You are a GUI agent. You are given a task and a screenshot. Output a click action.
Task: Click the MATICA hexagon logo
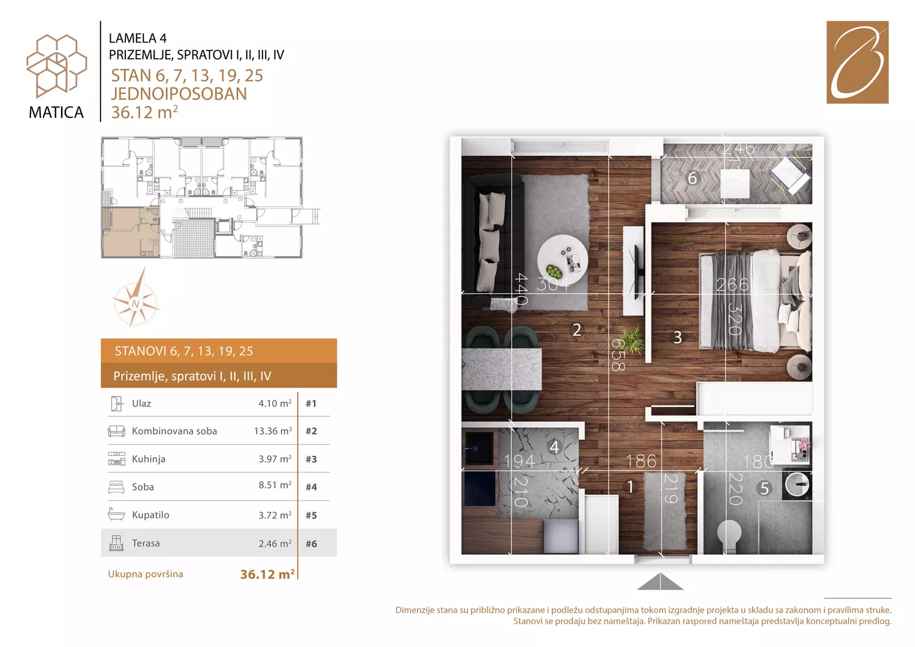click(x=56, y=66)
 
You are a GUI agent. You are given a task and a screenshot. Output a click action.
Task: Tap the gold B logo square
click(x=857, y=62)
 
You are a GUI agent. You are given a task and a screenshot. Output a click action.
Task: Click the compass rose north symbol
click(x=135, y=298)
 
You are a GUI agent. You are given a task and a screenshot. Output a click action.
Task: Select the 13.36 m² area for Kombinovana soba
click(x=273, y=431)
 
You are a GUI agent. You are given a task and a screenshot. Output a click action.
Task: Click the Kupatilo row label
click(x=150, y=515)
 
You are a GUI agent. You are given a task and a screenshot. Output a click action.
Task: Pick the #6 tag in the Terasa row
click(x=311, y=544)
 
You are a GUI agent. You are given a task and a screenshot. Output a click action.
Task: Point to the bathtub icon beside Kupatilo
click(x=116, y=514)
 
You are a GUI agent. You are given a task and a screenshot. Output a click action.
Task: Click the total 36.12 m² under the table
click(x=268, y=575)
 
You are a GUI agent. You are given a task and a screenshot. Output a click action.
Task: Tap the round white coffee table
click(x=563, y=260)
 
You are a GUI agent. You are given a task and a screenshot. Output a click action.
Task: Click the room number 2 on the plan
click(x=577, y=329)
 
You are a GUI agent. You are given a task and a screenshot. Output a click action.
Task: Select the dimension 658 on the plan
click(x=618, y=355)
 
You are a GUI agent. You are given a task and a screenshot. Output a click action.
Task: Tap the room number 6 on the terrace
click(x=692, y=178)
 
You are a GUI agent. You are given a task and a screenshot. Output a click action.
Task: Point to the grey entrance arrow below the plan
click(x=660, y=582)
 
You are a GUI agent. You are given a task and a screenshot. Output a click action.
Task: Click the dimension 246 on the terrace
click(x=739, y=149)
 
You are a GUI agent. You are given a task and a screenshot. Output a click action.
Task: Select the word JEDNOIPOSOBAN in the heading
click(x=179, y=94)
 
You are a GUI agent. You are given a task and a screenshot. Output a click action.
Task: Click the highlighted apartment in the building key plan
click(x=130, y=232)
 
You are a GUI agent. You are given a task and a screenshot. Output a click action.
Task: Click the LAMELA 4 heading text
click(x=138, y=38)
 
